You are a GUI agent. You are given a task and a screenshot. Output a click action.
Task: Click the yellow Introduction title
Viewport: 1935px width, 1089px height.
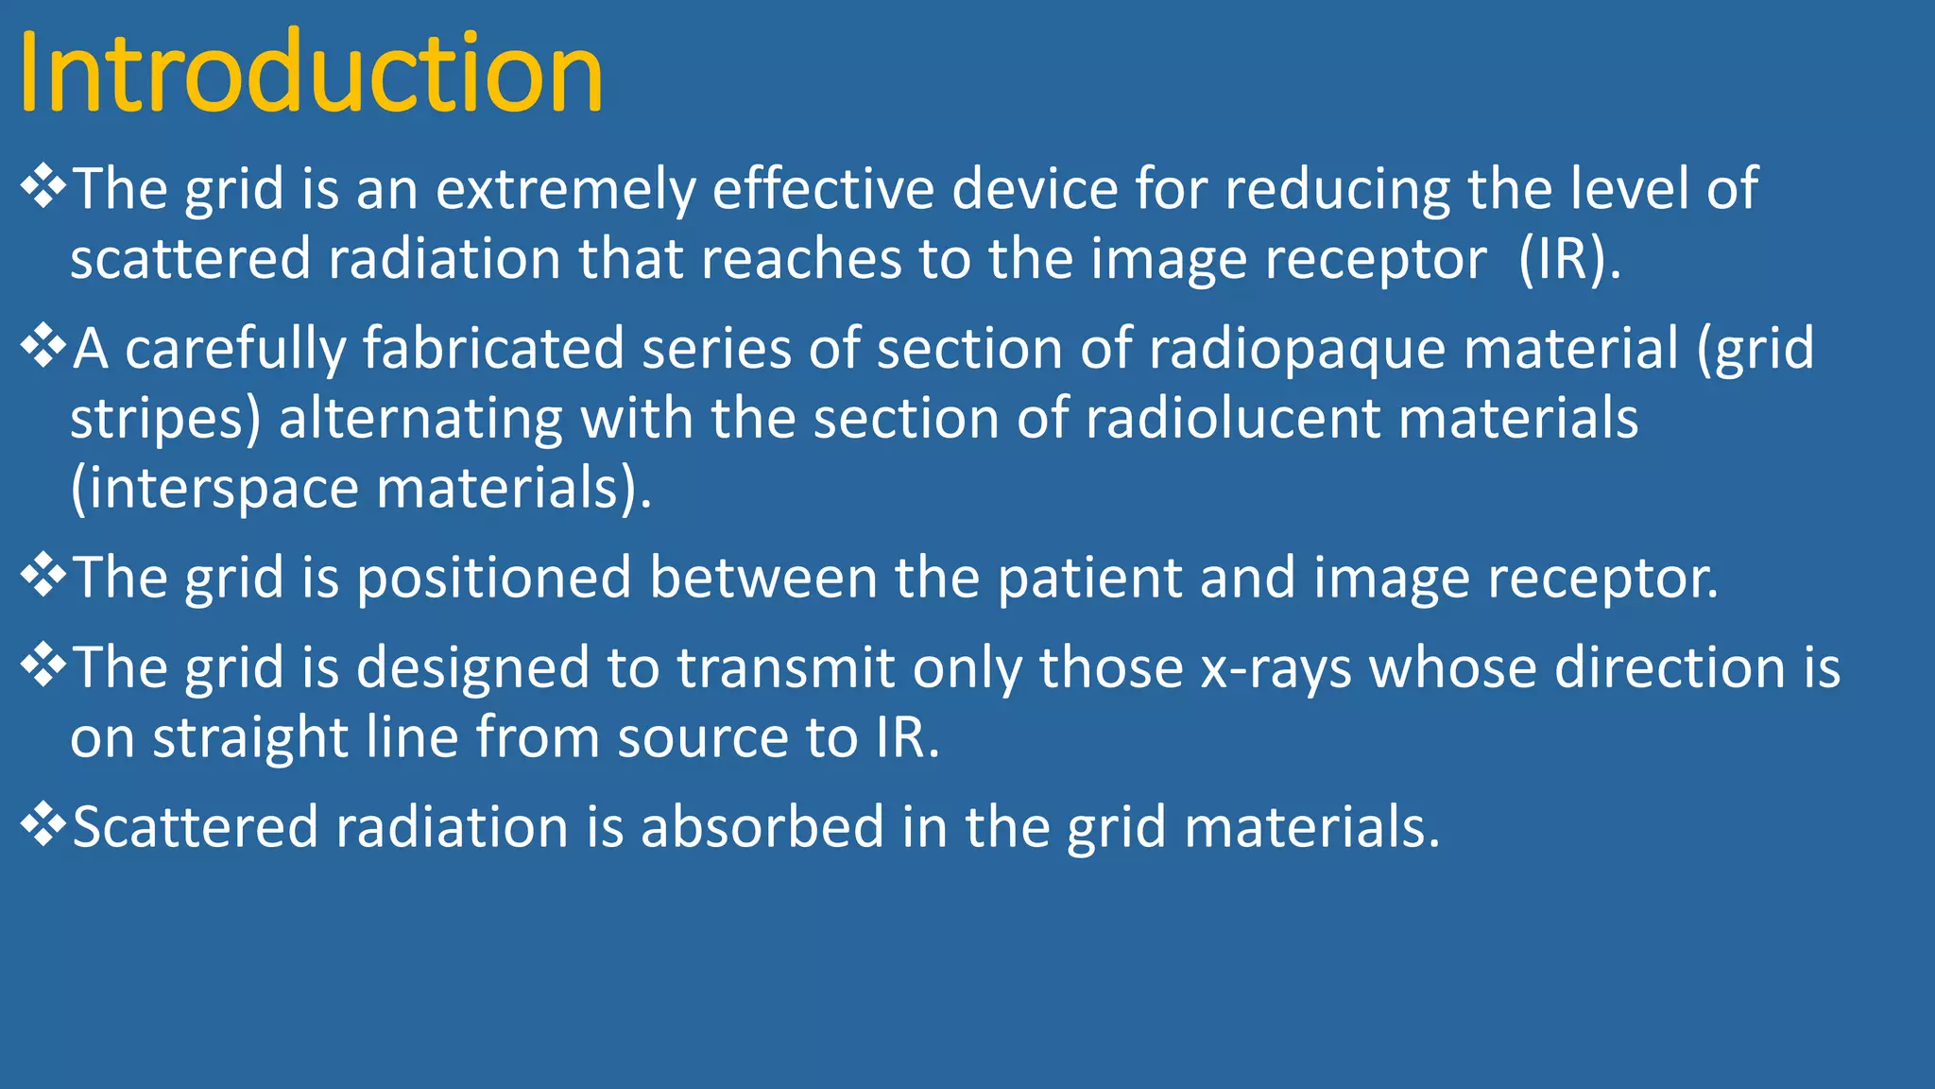click(x=310, y=74)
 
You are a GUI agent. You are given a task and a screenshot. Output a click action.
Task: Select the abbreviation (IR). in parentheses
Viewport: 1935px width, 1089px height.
click(x=1569, y=259)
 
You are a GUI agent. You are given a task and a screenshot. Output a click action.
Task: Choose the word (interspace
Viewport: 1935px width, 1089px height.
click(x=214, y=489)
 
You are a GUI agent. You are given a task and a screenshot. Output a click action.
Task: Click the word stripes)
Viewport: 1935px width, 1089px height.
click(x=165, y=419)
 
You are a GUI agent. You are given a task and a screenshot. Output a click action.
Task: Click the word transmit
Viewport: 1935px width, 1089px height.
click(x=785, y=667)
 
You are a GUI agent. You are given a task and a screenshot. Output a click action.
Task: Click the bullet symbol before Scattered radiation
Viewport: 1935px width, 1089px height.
click(x=43, y=823)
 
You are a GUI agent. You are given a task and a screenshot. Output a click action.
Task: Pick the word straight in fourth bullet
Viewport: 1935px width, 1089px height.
click(x=250, y=738)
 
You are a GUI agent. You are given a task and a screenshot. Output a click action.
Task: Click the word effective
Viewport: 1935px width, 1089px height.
click(x=822, y=189)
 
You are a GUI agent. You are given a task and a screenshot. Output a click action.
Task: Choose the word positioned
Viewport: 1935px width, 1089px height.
click(x=493, y=578)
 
